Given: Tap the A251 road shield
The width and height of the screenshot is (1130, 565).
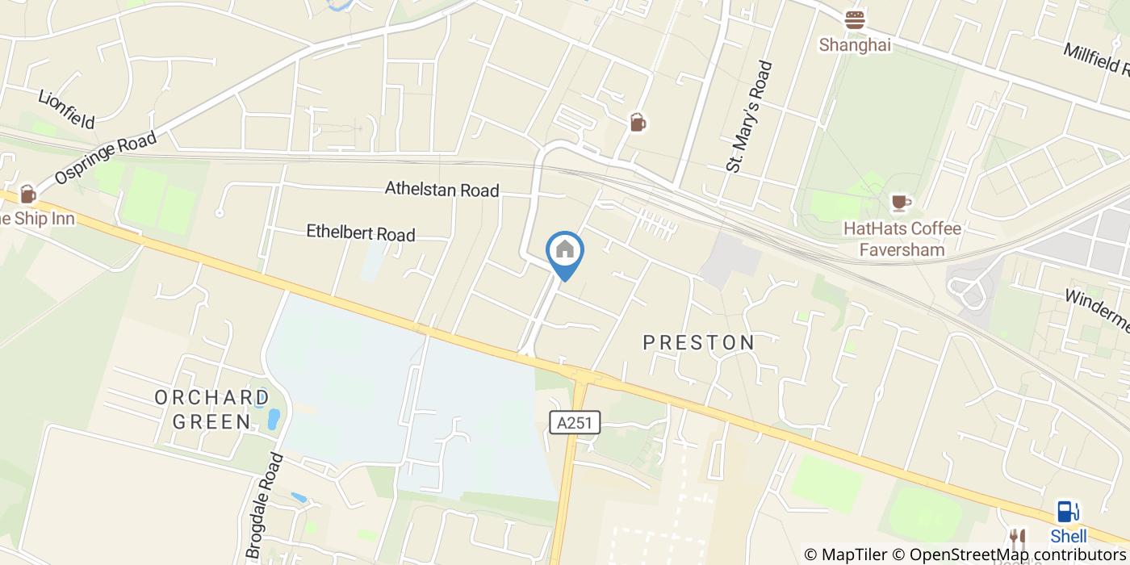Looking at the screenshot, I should pos(576,422).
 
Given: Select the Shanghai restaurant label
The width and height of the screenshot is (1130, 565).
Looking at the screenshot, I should pos(855,45).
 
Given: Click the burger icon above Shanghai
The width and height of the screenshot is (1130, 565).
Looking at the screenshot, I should pos(855,19).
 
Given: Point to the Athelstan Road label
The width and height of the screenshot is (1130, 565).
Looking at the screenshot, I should pos(442,190).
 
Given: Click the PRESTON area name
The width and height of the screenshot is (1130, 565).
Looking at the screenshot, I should pos(699,342).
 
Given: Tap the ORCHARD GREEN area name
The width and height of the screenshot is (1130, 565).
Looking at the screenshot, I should pos(212,409).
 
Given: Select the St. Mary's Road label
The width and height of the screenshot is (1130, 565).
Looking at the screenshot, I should pos(750,117).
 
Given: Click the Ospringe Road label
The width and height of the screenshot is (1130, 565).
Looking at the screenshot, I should pos(106,159).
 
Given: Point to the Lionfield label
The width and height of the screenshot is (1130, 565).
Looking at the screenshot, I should pos(66,109).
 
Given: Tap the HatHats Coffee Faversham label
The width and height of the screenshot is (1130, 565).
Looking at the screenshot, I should pos(902,239).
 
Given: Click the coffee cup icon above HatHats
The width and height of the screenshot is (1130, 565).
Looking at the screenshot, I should pos(900,202).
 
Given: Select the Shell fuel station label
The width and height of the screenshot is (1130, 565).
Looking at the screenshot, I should pos(1068,536).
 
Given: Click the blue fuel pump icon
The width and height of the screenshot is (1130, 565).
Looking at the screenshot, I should pos(1067,512).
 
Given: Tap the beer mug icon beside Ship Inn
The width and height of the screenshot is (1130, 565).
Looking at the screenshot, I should pos(27,194).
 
